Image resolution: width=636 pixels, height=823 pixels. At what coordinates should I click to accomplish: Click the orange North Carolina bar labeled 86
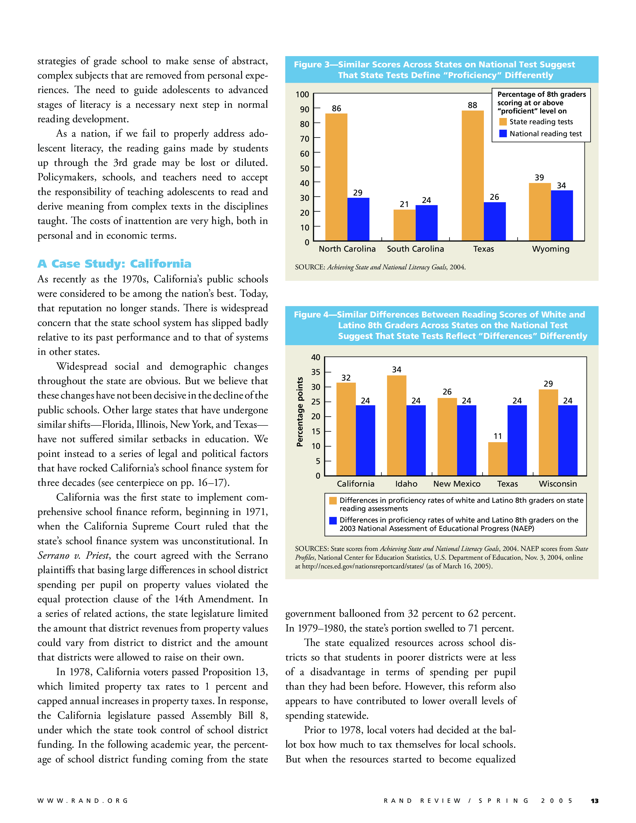pyautogui.click(x=336, y=177)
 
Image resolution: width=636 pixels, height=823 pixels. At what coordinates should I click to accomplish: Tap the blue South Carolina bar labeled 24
pyautogui.click(x=426, y=223)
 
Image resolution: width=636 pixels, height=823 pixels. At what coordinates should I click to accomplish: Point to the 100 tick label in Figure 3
pyautogui.click(x=302, y=95)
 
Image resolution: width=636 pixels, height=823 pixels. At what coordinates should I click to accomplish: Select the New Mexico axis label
pyautogui.click(x=457, y=484)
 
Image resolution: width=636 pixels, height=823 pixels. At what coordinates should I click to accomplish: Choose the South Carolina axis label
pyautogui.click(x=415, y=249)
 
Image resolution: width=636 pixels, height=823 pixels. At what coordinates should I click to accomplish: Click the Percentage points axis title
pyautogui.click(x=300, y=412)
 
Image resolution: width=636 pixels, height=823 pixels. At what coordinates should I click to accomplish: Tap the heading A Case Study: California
pyautogui.click(x=114, y=264)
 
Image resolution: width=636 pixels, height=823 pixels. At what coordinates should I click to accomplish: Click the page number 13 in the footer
pyautogui.click(x=594, y=801)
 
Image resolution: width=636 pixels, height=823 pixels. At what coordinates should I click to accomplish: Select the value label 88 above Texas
pyautogui.click(x=472, y=105)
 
